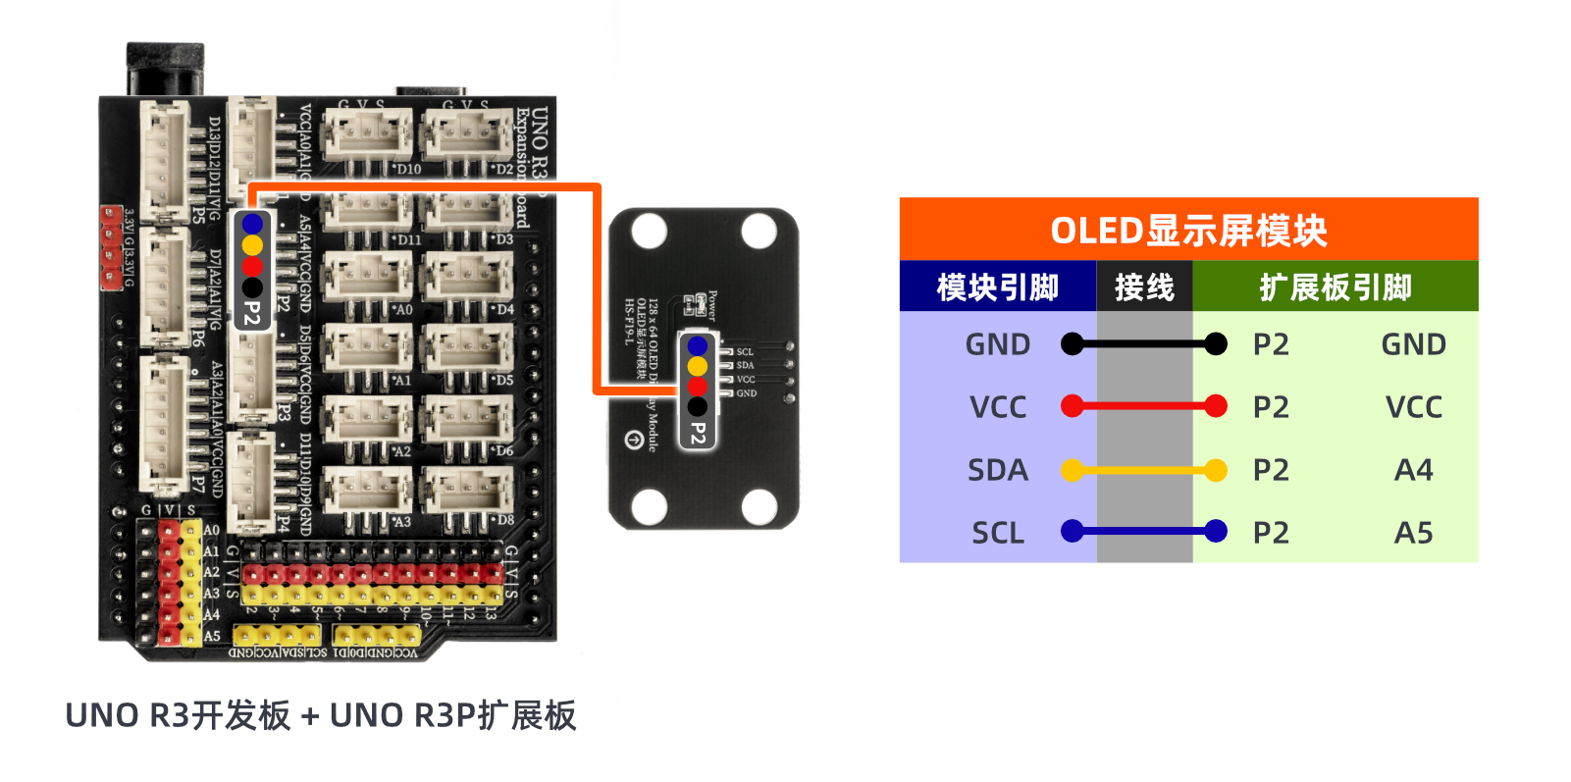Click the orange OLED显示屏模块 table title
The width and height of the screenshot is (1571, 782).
pos(1187,231)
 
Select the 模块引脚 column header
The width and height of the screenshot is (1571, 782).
pos(997,287)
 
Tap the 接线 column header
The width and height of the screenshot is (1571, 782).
pos(1144,287)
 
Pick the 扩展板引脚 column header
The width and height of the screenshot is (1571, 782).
pos(1335,287)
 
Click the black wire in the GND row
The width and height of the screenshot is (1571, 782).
pos(1144,343)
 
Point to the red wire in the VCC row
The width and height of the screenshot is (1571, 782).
pos(1144,406)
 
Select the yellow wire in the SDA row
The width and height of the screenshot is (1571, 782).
pos(1144,470)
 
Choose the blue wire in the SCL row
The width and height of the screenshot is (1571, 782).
pos(1144,532)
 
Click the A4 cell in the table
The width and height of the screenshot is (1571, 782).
pos(1413,470)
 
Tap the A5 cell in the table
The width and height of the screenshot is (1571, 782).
pos(1413,533)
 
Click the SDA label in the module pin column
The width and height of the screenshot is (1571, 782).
pos(997,470)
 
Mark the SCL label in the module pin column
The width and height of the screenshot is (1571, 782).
pos(997,533)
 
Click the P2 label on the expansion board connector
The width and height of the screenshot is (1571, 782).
pos(252,314)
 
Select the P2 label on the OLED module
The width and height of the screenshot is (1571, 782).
pos(698,433)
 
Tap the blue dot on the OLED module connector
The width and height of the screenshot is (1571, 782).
pos(698,346)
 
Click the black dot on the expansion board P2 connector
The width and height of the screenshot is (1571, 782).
pos(252,287)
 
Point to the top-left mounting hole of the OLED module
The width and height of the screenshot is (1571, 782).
pos(649,233)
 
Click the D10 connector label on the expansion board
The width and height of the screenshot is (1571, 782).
pos(408,169)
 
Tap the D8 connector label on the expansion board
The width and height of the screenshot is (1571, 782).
pos(504,520)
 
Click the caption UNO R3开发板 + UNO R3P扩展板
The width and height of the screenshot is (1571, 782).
pos(321,715)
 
